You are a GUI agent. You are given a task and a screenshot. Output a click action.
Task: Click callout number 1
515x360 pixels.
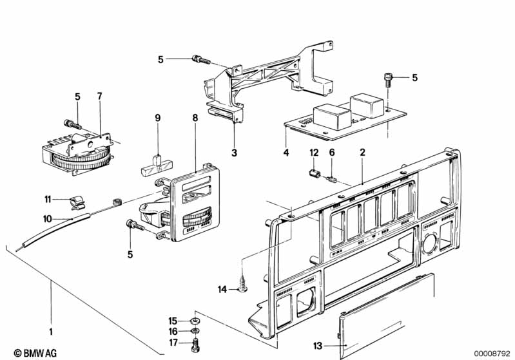[x=50, y=332]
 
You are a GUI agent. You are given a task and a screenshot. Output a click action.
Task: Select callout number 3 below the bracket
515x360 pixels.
[x=235, y=153]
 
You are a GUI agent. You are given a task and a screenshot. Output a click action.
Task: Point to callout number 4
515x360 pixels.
[x=286, y=153]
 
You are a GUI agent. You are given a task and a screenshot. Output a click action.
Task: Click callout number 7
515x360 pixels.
[x=99, y=97]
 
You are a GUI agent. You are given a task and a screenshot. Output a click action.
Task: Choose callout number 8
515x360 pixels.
[x=195, y=118]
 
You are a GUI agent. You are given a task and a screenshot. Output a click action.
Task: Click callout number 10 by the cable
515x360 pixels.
[x=47, y=219]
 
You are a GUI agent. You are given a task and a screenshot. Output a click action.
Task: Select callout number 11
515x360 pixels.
[x=48, y=198]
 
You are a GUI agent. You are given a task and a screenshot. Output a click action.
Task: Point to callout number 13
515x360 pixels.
[x=318, y=346]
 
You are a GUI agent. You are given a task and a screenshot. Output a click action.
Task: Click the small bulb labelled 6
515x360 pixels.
[x=333, y=180]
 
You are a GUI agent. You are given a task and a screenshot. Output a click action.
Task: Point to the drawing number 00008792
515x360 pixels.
[x=492, y=353]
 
